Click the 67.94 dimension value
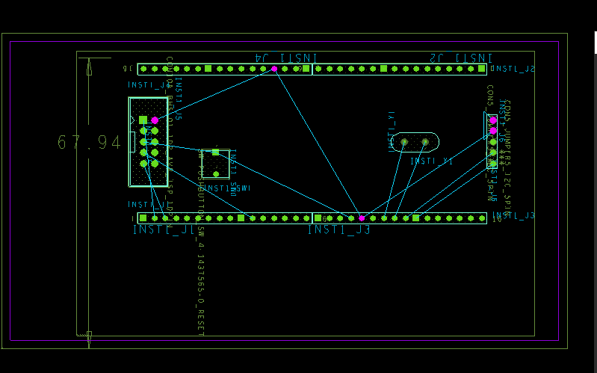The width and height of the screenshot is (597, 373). [x=89, y=142]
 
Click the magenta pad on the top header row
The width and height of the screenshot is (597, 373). [x=274, y=69]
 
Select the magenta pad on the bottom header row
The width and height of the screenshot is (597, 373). [x=362, y=218]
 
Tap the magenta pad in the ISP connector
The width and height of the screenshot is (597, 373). [x=155, y=120]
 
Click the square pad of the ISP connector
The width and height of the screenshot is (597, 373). [x=143, y=120]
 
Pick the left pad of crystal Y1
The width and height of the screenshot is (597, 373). [x=404, y=141]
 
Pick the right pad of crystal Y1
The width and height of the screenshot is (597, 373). [x=425, y=141]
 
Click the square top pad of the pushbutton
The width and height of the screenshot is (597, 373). [x=215, y=152]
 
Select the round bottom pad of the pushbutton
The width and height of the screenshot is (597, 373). [x=216, y=174]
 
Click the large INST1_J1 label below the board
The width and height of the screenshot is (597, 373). [x=164, y=229]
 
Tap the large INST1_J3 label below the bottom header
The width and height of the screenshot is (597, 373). [x=338, y=229]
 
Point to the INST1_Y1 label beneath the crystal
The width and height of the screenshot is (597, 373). [x=432, y=161]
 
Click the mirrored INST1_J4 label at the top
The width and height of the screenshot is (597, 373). [x=287, y=58]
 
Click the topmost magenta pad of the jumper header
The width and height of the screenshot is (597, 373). [x=493, y=120]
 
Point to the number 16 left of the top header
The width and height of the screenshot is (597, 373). [x=127, y=69]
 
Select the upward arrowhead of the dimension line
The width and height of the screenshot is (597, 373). [x=89, y=68]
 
